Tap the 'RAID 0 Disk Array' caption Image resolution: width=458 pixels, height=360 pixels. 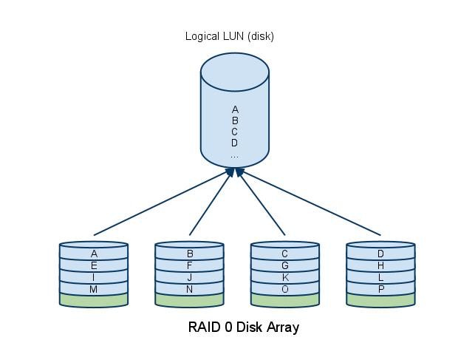click(x=244, y=327)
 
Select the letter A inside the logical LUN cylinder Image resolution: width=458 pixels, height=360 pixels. click(x=234, y=109)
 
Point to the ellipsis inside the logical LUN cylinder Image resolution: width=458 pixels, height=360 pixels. click(x=234, y=155)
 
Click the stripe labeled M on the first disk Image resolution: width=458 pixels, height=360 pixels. click(x=94, y=289)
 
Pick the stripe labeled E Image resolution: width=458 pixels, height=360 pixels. click(x=94, y=265)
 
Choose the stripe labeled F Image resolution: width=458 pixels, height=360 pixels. click(x=190, y=265)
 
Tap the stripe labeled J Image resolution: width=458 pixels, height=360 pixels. click(x=190, y=277)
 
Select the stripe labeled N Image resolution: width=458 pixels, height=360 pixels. click(x=190, y=289)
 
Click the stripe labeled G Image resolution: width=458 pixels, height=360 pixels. click(x=285, y=265)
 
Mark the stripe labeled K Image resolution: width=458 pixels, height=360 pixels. click(x=285, y=277)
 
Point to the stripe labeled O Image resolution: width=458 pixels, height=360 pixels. click(x=285, y=289)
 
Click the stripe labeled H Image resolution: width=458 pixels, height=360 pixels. click(x=380, y=265)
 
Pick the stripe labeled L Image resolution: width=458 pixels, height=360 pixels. click(x=380, y=277)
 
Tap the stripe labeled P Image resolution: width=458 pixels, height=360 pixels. click(x=380, y=289)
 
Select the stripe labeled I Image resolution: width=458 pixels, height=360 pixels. click(x=94, y=277)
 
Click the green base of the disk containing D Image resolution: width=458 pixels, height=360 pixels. click(x=380, y=301)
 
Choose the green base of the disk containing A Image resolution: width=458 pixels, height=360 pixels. click(x=94, y=301)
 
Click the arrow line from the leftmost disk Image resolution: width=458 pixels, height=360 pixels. click(x=159, y=203)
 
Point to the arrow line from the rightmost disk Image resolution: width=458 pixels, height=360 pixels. click(x=310, y=203)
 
